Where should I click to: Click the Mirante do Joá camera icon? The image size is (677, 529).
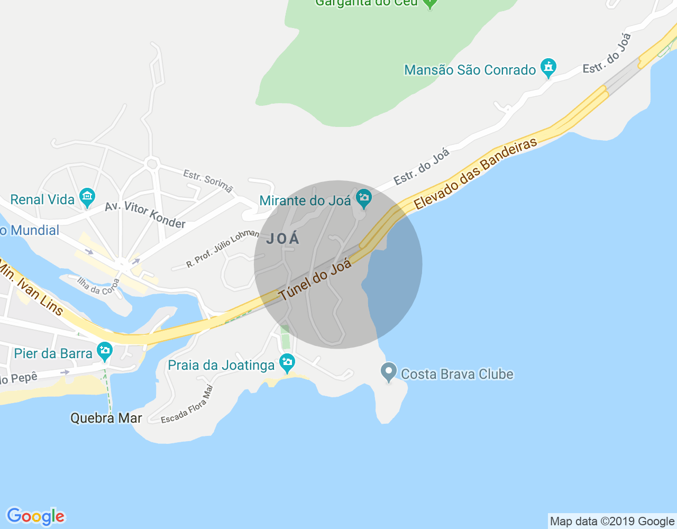tap(364, 199)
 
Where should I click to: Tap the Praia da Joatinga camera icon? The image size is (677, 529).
tap(288, 363)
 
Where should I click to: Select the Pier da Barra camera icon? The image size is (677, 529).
tap(105, 351)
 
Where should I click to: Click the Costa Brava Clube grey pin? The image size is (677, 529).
tap(389, 371)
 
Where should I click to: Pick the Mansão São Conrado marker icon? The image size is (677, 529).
tap(548, 68)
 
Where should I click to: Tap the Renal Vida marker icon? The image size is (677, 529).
tap(87, 198)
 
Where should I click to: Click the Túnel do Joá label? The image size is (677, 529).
tap(315, 280)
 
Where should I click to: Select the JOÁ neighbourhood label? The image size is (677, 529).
tap(283, 239)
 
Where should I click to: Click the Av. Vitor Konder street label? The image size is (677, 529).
tap(145, 215)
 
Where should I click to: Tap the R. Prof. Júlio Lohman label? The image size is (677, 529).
tap(223, 248)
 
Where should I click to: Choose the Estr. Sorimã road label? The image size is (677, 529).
tap(208, 180)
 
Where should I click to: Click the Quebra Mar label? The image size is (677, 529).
tap(106, 418)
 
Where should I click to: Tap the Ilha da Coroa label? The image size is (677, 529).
tap(98, 286)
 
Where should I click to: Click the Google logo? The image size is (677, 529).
tap(35, 516)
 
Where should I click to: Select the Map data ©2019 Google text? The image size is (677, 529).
tap(612, 522)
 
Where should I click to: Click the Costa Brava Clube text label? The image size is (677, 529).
tap(457, 374)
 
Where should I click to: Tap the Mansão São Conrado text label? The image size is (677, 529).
tap(470, 70)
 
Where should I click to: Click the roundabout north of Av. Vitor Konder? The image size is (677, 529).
tap(152, 164)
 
